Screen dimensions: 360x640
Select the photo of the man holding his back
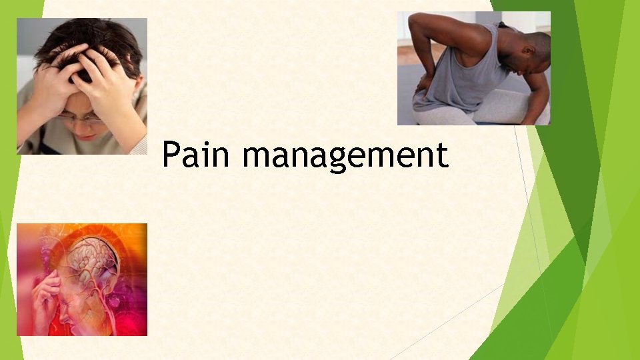point(473,68)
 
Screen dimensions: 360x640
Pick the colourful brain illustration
point(81,279)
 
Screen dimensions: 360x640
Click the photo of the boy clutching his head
point(81,86)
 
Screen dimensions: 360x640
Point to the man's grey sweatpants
point(493,110)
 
